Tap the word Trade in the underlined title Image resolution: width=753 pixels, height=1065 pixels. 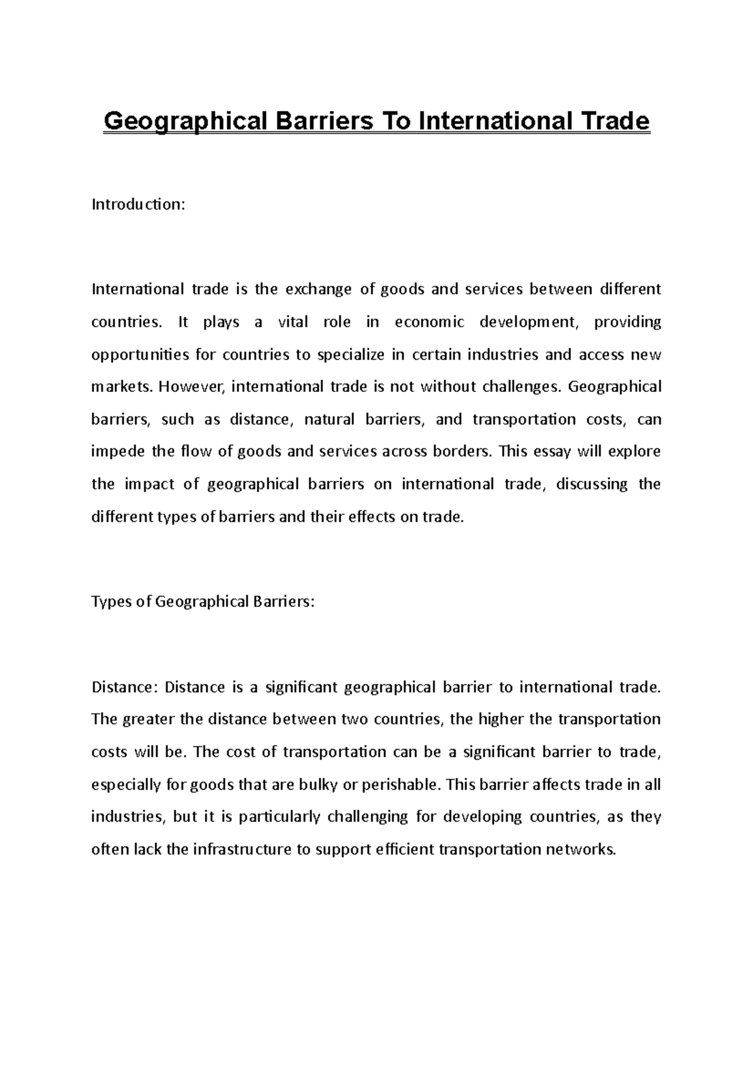(x=612, y=120)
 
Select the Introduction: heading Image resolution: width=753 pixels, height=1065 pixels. (x=139, y=204)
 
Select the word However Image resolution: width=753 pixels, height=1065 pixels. (x=192, y=387)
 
